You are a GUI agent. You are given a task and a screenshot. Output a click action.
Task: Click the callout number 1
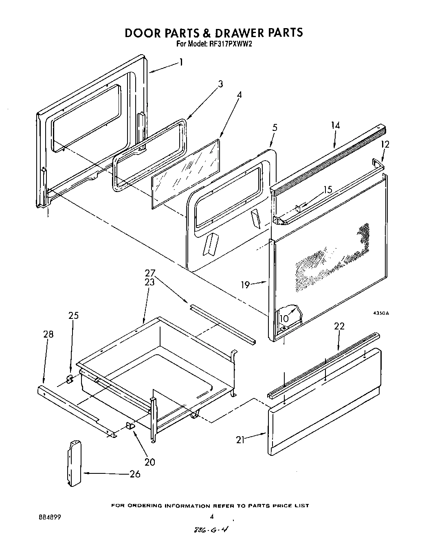click(180, 62)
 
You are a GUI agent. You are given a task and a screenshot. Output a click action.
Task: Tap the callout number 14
click(335, 126)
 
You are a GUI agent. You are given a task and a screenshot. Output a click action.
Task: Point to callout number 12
click(385, 144)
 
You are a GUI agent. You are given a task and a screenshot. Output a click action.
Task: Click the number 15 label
click(328, 190)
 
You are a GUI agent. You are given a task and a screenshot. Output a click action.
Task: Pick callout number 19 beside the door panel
click(245, 285)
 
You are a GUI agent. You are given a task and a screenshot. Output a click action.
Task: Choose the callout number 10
click(284, 318)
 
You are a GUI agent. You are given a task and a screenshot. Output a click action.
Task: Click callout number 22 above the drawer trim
click(339, 326)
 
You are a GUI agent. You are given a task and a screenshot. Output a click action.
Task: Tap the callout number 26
click(135, 474)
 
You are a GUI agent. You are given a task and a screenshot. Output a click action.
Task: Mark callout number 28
click(48, 334)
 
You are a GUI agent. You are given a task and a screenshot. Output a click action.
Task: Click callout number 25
click(74, 316)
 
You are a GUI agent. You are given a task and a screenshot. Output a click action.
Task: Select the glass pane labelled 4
click(185, 173)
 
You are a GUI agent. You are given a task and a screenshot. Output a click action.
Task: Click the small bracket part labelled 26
click(73, 463)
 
